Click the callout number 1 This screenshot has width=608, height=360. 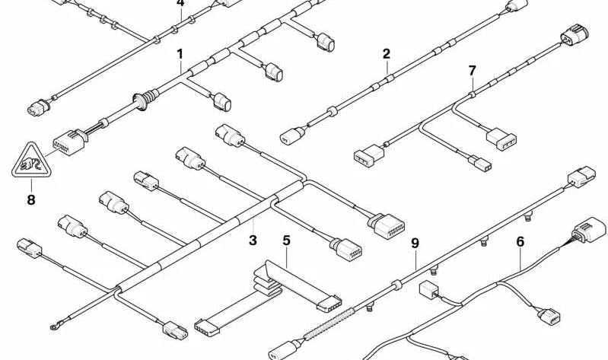point(180,54)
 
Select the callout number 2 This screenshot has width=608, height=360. point(387,54)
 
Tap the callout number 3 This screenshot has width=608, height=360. point(253,241)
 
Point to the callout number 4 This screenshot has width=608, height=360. point(180,4)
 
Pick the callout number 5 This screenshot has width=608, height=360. point(286,241)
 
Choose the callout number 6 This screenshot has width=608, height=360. point(520,242)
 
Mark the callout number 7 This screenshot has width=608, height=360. point(472,71)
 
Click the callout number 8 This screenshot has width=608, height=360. point(30,201)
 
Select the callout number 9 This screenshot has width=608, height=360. point(415,244)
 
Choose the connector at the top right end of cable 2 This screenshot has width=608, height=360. point(517,6)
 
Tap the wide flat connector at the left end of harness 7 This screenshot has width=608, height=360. point(365,155)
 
